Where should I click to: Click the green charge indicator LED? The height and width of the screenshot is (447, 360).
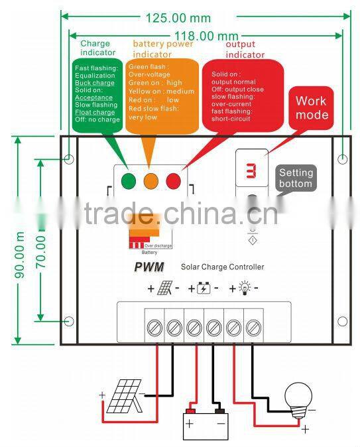129,179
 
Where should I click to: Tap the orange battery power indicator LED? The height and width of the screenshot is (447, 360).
151,179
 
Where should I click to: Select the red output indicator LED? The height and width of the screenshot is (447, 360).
173,179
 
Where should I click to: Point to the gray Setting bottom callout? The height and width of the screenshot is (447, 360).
295,178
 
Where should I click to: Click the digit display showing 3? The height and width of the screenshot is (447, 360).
252,171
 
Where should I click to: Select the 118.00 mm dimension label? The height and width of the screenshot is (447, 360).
206,35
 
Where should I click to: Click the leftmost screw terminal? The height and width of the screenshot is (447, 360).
154,327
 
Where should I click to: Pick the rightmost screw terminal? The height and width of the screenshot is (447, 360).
253,327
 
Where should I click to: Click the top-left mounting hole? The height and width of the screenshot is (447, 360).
70,159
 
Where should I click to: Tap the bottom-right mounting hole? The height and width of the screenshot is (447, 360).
342,322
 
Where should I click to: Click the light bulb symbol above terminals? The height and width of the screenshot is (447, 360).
243,289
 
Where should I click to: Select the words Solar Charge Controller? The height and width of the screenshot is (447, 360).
222,267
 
